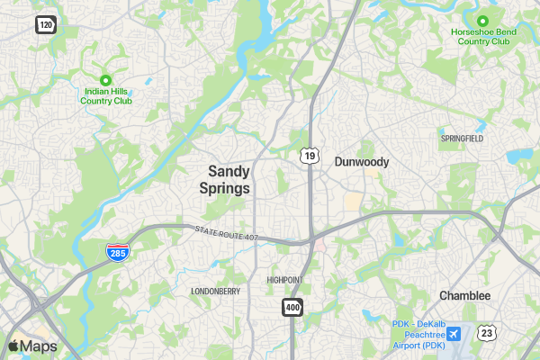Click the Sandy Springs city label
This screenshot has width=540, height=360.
coord(229,178)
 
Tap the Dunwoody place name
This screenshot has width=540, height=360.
coord(361,162)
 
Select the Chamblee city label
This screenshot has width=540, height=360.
coord(464,295)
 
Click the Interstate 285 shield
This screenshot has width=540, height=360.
coord(117,254)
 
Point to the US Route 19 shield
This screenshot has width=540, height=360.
coord(310,156)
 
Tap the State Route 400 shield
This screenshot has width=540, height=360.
coord(292,307)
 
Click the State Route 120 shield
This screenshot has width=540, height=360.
coord(46,24)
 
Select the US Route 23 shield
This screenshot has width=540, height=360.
coord(487,333)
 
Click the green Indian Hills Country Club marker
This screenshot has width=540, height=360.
coord(106,80)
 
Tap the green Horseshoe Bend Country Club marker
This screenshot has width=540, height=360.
coord(482,21)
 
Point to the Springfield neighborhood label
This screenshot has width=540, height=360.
coord(462,139)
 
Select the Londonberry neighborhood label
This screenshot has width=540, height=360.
coord(215,292)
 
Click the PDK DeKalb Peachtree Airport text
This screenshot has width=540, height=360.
coord(418,335)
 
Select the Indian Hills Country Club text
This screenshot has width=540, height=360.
coord(106,95)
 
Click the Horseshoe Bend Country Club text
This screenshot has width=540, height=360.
coord(483,36)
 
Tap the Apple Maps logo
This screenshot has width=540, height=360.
coord(32,346)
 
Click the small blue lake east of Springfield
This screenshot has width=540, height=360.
coord(520,156)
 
